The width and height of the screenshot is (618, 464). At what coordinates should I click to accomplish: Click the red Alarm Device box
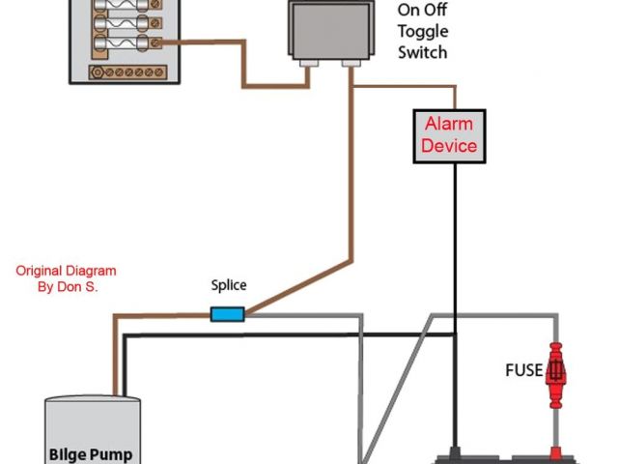(450, 135)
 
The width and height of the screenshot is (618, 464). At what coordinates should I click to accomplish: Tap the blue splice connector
(227, 313)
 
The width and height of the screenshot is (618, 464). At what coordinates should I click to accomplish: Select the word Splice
(229, 285)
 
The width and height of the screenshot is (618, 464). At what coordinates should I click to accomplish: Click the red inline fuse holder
(556, 371)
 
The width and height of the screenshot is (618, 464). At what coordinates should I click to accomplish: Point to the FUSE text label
(524, 370)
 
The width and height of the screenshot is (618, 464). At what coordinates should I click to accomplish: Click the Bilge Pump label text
(92, 453)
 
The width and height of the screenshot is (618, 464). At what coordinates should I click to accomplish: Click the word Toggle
(423, 31)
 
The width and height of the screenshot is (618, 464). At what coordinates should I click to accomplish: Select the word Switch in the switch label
(423, 52)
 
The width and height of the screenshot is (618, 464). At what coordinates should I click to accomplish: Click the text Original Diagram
(66, 271)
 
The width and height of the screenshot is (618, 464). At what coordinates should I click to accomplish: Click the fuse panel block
(125, 39)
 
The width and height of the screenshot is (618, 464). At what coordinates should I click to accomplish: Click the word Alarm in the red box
(449, 125)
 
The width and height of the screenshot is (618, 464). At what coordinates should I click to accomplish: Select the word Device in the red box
(449, 146)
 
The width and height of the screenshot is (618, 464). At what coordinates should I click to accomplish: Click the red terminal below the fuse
(556, 451)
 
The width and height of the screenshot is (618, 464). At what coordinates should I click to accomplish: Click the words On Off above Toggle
(423, 11)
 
